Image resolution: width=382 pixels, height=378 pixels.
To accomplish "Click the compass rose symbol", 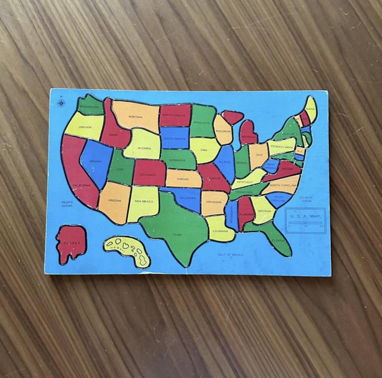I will pos(61,103).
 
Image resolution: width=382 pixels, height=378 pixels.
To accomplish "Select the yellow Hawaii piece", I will pos(127,250).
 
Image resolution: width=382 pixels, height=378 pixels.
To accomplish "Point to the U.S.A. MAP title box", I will pos(305,220).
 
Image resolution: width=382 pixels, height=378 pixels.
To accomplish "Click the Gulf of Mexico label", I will pos(231,255).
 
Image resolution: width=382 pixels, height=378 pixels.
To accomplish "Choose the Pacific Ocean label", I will pos(67,204).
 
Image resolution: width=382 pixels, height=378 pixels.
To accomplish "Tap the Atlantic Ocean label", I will pos(306,199).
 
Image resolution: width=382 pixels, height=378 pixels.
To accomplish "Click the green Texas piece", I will pos(177,230).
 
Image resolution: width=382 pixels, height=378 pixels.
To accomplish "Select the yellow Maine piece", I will pos(311,109).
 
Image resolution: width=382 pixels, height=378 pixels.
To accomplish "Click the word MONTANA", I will pos(135,117).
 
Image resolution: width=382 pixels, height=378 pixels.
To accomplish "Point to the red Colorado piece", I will pos(149,173).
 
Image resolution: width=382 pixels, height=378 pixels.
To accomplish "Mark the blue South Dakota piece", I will pos(175,138).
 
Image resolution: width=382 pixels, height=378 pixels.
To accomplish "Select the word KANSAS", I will pos(183,179).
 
